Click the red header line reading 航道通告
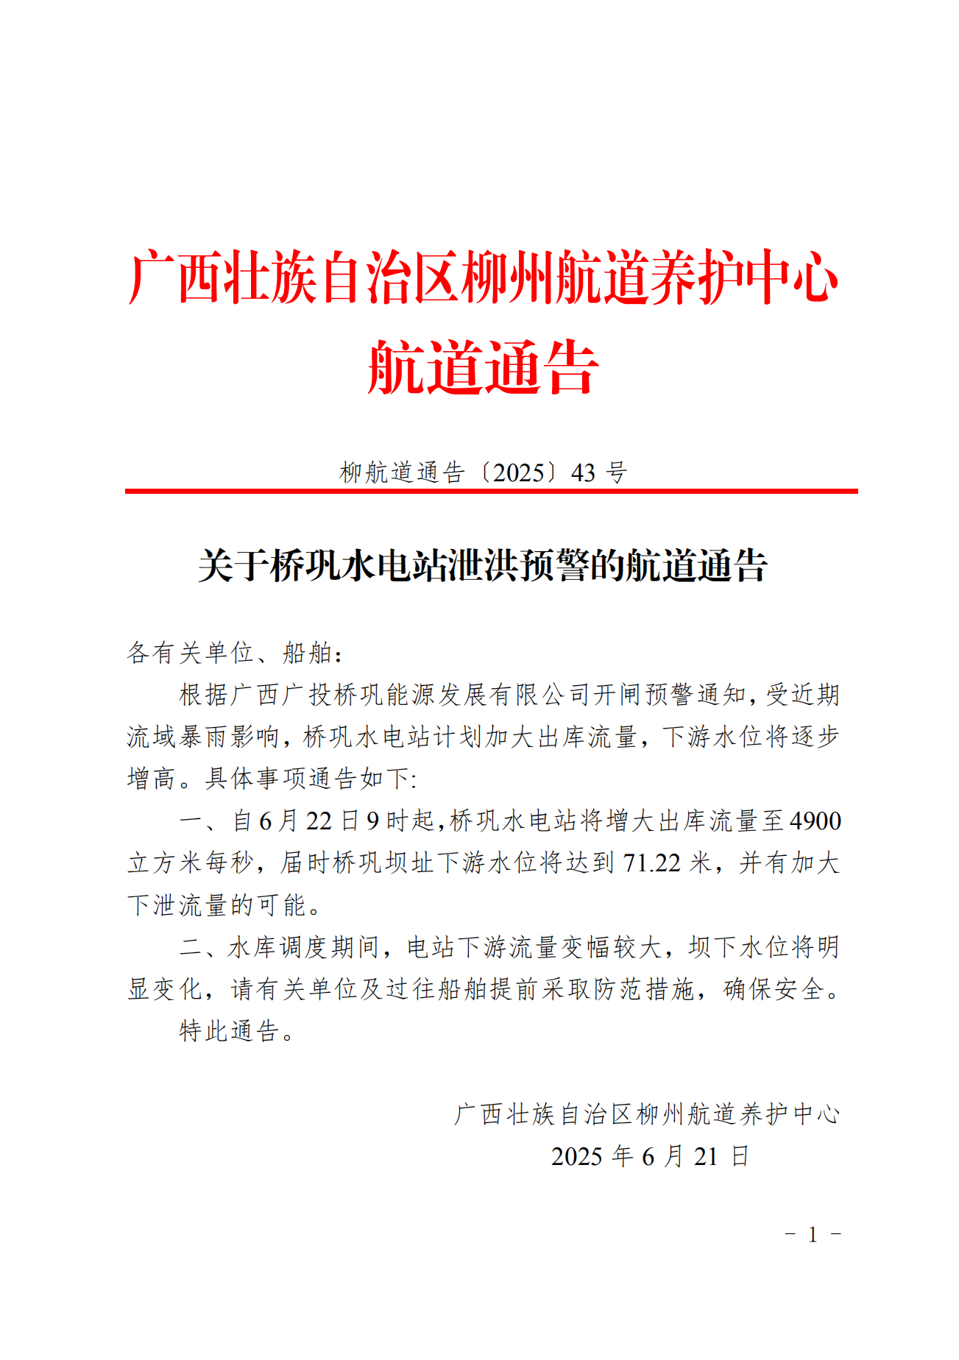pos(483,367)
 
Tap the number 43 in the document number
pos(583,472)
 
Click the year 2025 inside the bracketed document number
pos(519,472)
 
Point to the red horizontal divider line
pos(491,491)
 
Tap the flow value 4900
pos(815,821)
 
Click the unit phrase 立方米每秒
pos(191,863)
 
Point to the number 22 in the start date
pos(319,821)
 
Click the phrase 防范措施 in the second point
pos(645,989)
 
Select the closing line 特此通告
pos(230,1031)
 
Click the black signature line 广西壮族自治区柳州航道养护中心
pos(645,1114)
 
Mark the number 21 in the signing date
pos(705,1156)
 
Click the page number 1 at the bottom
pos(813,1234)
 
